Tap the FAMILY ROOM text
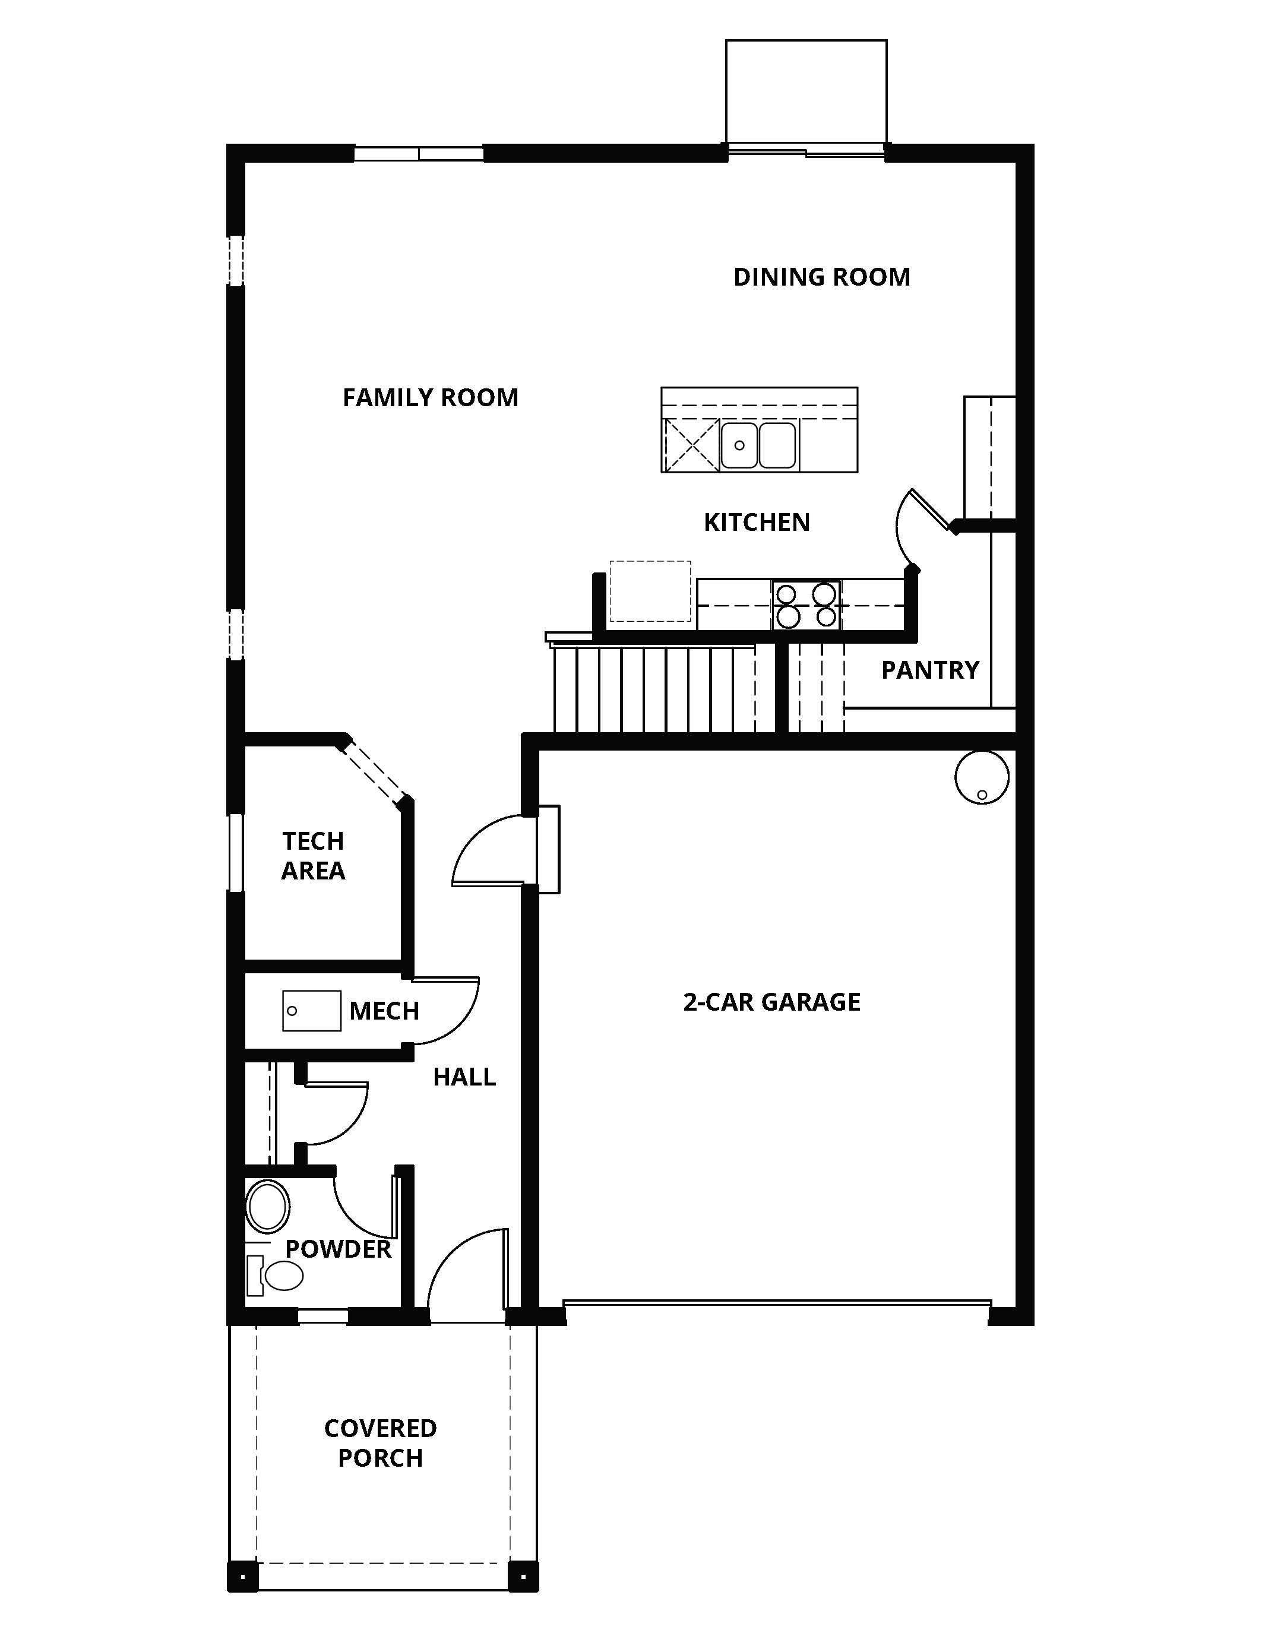[x=430, y=398]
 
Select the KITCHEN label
[x=757, y=522]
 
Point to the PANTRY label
[x=929, y=670]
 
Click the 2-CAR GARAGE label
[x=771, y=1002]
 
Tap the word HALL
[x=464, y=1077]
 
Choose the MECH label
[x=384, y=1011]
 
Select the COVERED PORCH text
[x=380, y=1442]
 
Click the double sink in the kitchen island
[x=758, y=445]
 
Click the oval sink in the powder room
[x=268, y=1206]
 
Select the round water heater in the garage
[x=982, y=778]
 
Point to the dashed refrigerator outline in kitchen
[x=650, y=591]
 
